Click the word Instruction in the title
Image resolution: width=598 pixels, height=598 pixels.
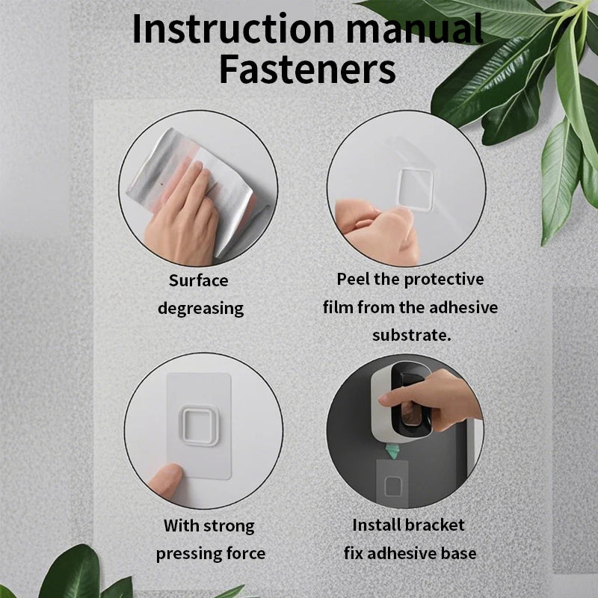233,29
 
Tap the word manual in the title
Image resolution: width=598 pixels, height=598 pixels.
415,29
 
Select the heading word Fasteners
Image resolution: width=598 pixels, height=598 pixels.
307,70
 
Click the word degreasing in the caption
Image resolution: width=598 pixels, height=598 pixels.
200,308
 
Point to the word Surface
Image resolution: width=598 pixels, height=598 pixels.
199,280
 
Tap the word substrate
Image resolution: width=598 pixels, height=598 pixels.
412,335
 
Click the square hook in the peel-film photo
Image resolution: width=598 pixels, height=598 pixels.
416,190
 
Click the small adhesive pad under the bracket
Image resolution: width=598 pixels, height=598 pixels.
392,484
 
